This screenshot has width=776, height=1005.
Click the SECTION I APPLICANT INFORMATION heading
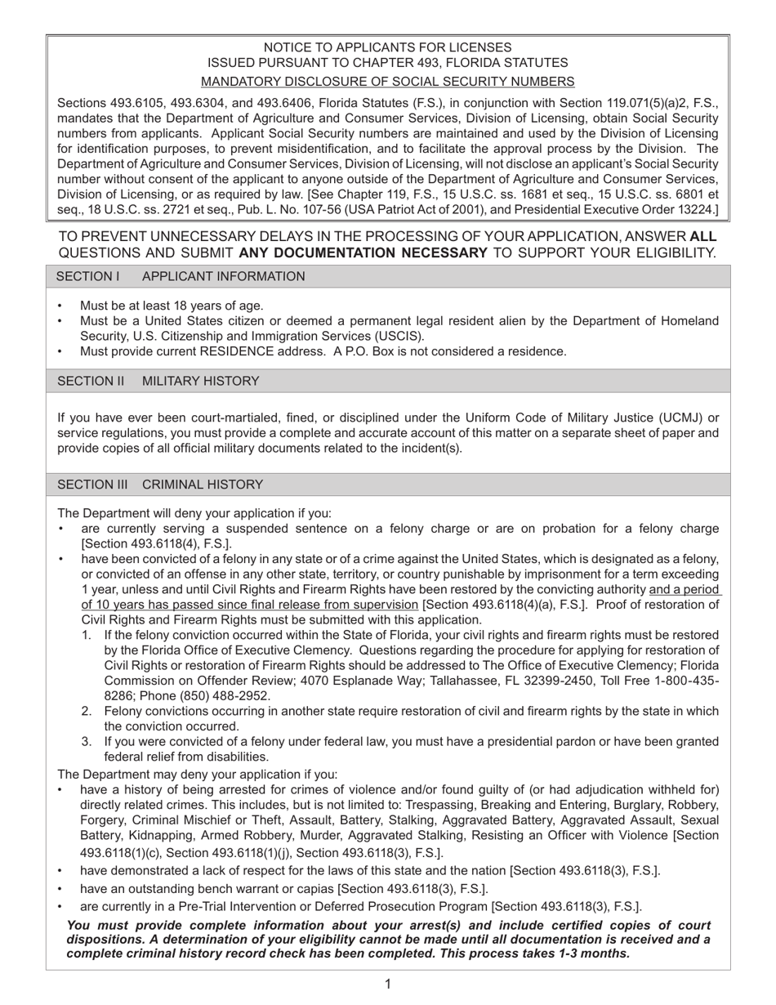click(181, 276)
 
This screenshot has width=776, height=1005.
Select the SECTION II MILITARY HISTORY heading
click(158, 381)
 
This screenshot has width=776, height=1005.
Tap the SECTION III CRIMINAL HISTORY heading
click(160, 485)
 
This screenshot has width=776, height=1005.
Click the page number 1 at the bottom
click(388, 984)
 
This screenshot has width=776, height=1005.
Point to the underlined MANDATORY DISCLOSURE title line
click(387, 81)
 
